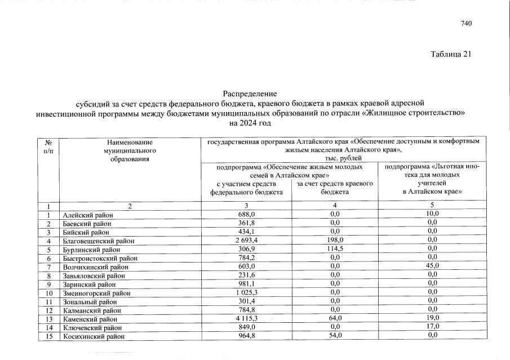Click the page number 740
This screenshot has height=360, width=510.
465,23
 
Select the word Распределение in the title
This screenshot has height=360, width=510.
250,94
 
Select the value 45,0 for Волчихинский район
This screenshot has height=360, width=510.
432,266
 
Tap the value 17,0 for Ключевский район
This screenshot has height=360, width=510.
432,327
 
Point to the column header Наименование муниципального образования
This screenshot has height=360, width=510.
128,151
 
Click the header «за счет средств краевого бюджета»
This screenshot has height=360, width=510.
335,188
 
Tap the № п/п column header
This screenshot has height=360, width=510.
48,147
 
